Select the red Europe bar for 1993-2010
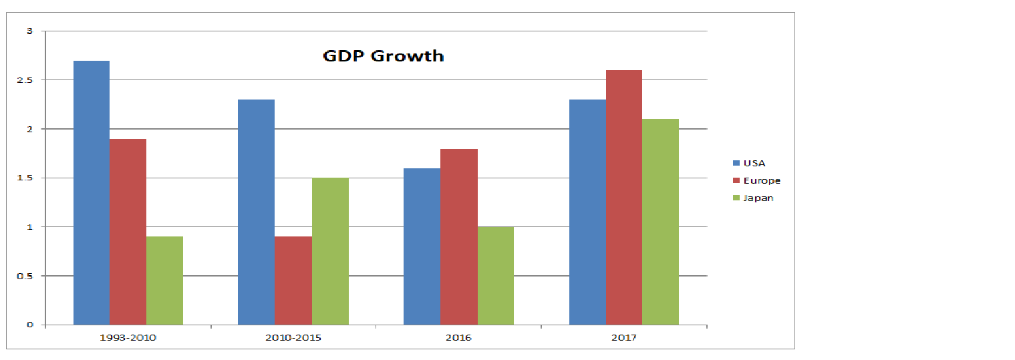pos(128,232)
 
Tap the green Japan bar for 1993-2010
pos(164,281)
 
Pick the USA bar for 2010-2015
pos(256,212)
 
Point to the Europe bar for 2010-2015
pos(293,281)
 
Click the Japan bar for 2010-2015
pos(330,251)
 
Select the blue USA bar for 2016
pos(422,246)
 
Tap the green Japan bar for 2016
pos(496,276)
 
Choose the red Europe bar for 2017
pos(624,198)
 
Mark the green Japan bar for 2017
pos(660,222)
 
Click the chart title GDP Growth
pos(383,55)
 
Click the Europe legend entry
pos(756,180)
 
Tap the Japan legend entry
pos(753,198)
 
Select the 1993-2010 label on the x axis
pos(128,337)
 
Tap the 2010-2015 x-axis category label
pos(293,337)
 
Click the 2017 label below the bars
pos(623,337)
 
